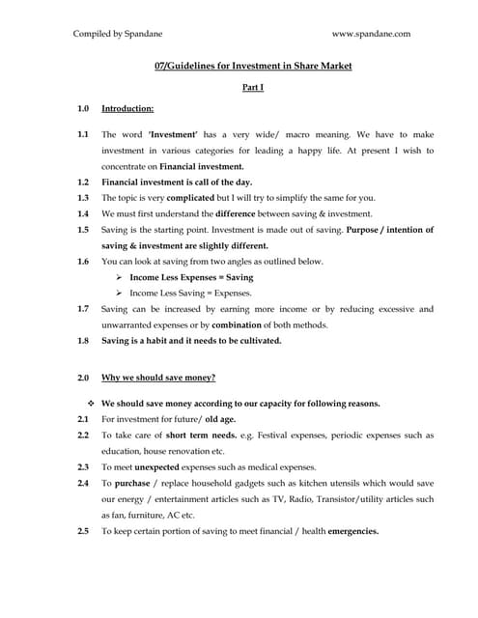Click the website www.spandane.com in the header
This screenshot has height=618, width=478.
(x=372, y=34)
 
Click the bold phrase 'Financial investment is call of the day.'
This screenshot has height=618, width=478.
(x=177, y=182)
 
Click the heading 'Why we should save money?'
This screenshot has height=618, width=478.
(x=158, y=377)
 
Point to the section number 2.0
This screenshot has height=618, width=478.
(x=83, y=377)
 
